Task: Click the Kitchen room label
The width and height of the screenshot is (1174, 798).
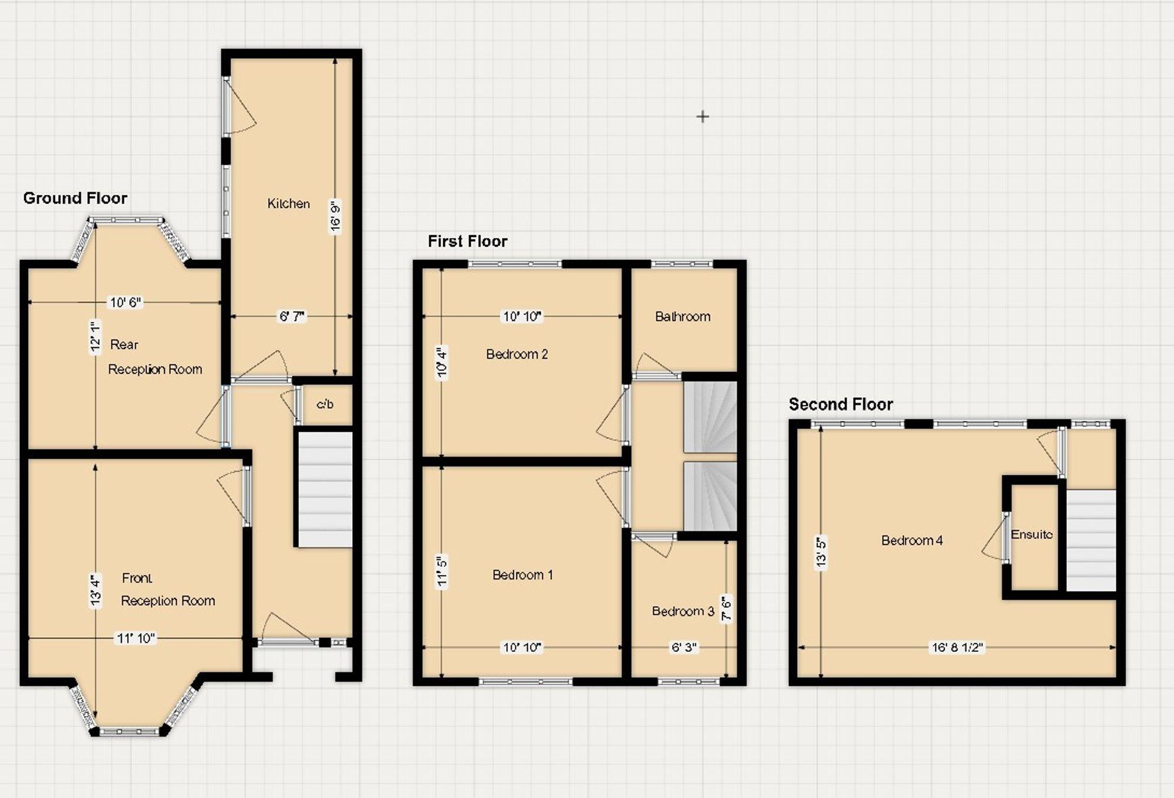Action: pos(288,204)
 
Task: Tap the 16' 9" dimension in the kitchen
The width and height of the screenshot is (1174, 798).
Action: pos(335,217)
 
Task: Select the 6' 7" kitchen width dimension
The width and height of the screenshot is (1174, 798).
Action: pos(292,317)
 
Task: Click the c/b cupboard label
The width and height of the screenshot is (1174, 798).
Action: pos(325,404)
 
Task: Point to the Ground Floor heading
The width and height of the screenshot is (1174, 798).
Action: pos(75,198)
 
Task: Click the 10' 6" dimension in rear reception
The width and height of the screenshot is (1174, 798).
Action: pos(126,303)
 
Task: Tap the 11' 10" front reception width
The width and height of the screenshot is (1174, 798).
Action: pos(136,638)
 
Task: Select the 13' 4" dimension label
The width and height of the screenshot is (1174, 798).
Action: pos(96,591)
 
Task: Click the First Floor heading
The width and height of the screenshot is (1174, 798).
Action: pos(467,241)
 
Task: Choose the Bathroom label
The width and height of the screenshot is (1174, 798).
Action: pos(683,317)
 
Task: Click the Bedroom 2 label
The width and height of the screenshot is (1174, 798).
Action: pos(517,354)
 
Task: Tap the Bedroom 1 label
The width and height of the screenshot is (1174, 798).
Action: pos(522,575)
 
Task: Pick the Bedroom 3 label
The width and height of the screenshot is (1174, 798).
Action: pos(683,611)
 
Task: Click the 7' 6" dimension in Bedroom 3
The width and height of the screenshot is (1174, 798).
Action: pos(727,609)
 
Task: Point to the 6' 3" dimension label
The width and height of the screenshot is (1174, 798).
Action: pos(684,648)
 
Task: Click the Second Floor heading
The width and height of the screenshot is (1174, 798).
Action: pos(841,404)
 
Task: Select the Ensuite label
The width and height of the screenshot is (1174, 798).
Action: pos(1031,535)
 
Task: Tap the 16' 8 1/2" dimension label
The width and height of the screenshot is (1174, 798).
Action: pos(957,648)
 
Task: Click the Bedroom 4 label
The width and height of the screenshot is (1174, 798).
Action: pos(912,540)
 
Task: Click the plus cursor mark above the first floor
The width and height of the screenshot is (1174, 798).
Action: pos(703,117)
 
